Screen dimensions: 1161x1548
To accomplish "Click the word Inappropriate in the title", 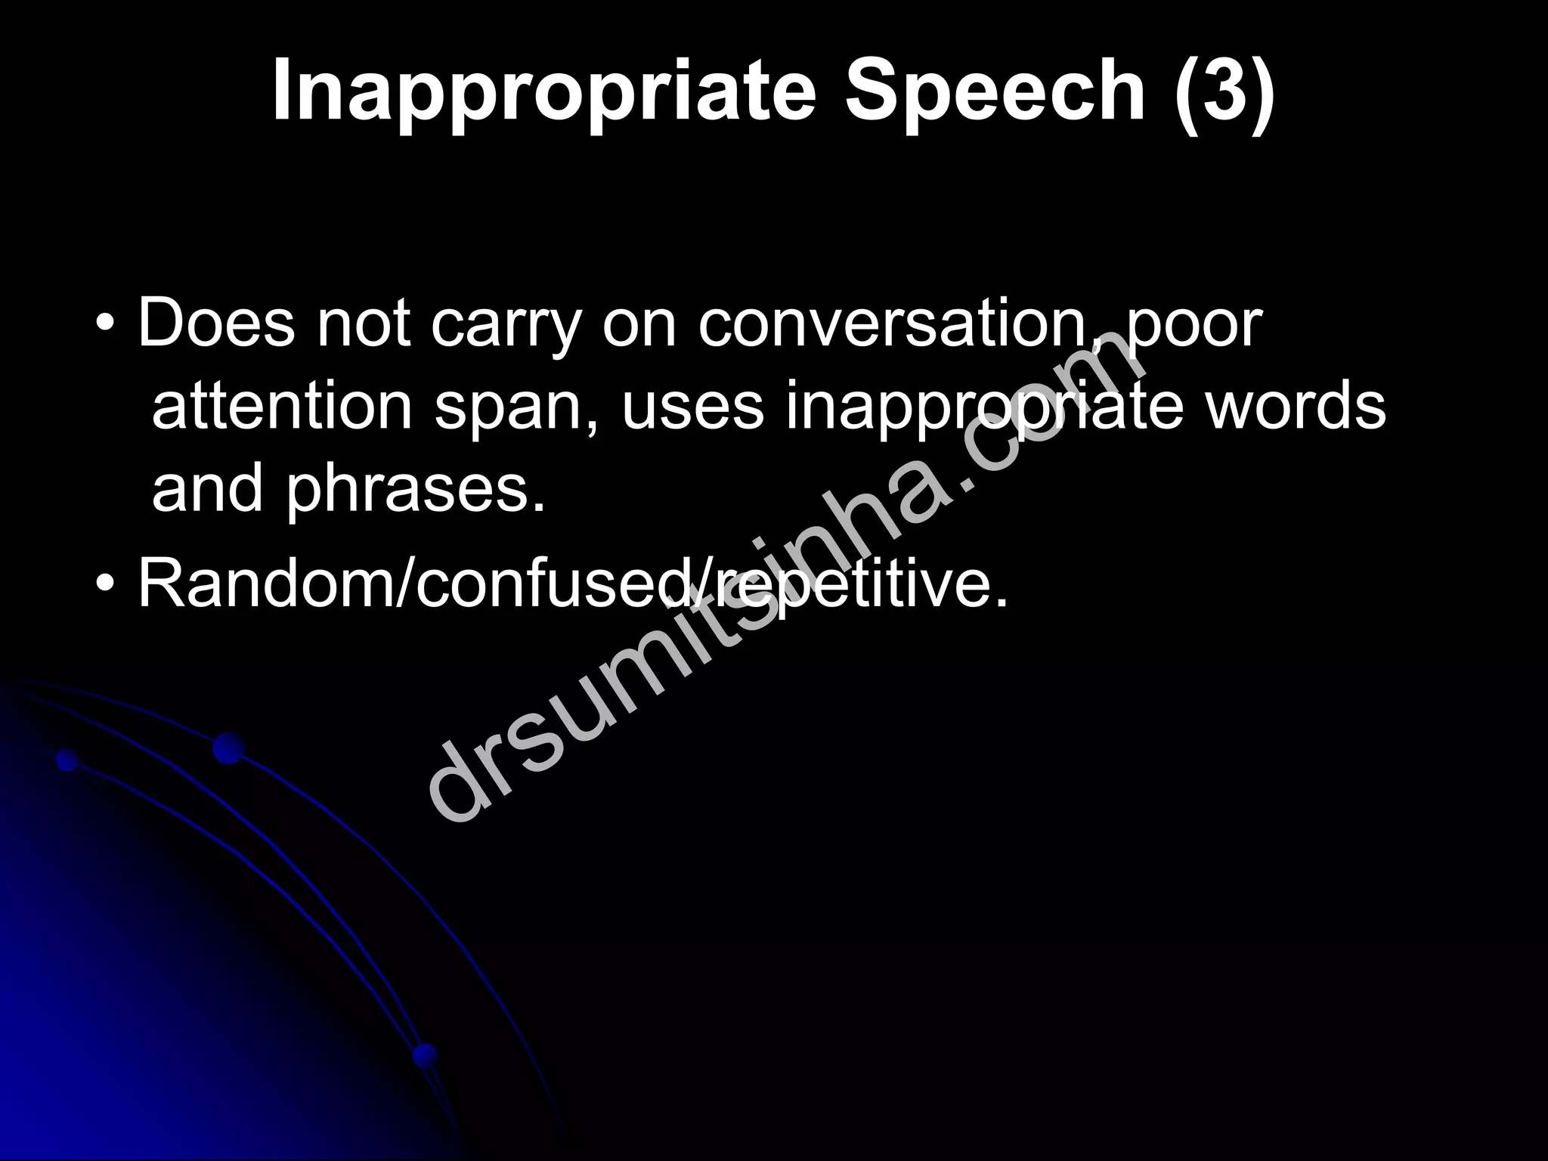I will [x=543, y=92].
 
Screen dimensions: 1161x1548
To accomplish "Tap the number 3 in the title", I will [x=1224, y=92].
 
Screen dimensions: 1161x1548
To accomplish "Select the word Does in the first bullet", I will [x=216, y=324].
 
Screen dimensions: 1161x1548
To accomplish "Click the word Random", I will [x=262, y=582].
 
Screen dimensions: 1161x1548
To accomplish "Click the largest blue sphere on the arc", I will [x=228, y=748].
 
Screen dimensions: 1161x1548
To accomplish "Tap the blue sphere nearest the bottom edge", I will [x=425, y=1055].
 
